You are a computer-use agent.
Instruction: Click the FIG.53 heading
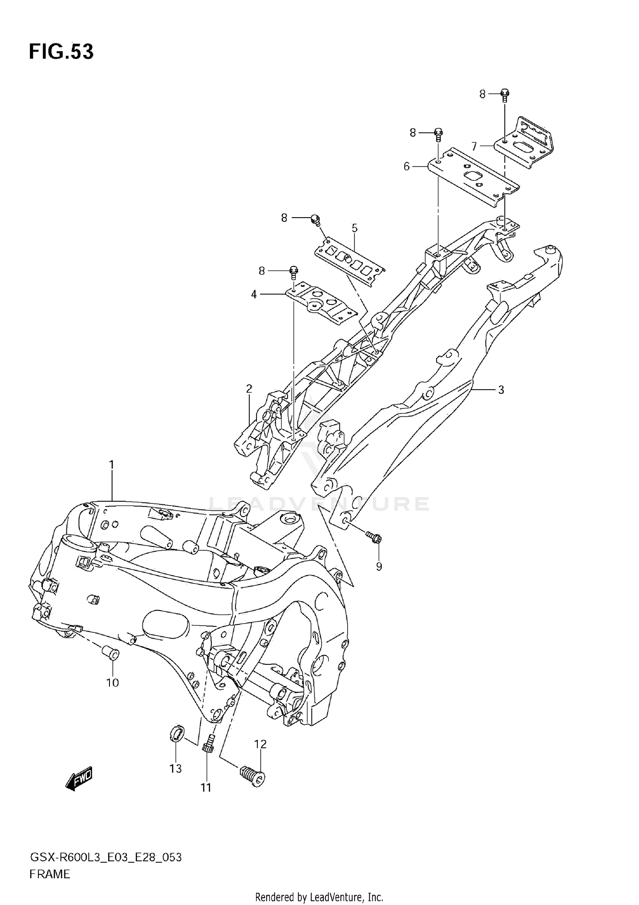tap(61, 52)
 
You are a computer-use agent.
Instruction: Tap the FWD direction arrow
tap(79, 780)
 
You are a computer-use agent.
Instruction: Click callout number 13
tap(176, 768)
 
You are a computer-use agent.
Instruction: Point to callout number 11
tap(206, 788)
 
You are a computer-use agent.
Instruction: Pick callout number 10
tap(112, 683)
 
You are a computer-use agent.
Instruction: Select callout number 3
tap(501, 390)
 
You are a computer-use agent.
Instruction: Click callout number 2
tap(249, 388)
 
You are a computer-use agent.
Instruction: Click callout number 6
tap(406, 167)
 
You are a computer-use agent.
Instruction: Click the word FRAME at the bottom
tap(49, 874)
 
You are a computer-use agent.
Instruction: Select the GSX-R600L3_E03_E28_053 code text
tap(106, 857)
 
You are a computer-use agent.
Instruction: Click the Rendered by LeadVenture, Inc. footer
tap(319, 897)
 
